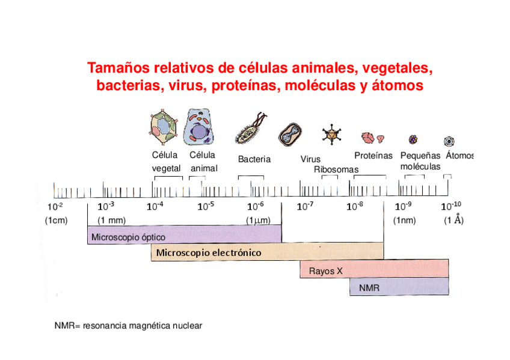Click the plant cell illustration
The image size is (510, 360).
click(164, 127)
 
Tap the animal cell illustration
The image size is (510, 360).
click(199, 126)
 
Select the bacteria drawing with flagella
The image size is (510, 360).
click(250, 130)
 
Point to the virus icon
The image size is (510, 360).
click(330, 135)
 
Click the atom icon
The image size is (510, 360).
click(449, 141)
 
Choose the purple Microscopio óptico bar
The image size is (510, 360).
click(184, 234)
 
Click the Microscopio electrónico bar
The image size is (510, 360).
click(266, 252)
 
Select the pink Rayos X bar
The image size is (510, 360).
click(374, 269)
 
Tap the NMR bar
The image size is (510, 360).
click(399, 287)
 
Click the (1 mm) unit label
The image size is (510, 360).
click(112, 220)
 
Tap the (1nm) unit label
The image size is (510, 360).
click(404, 220)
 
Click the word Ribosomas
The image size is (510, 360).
click(336, 169)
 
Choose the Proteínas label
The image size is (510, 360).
click(373, 156)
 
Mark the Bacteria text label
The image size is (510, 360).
click(254, 159)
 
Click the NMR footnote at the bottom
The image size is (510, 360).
click(128, 326)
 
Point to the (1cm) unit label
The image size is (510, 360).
click(56, 220)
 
